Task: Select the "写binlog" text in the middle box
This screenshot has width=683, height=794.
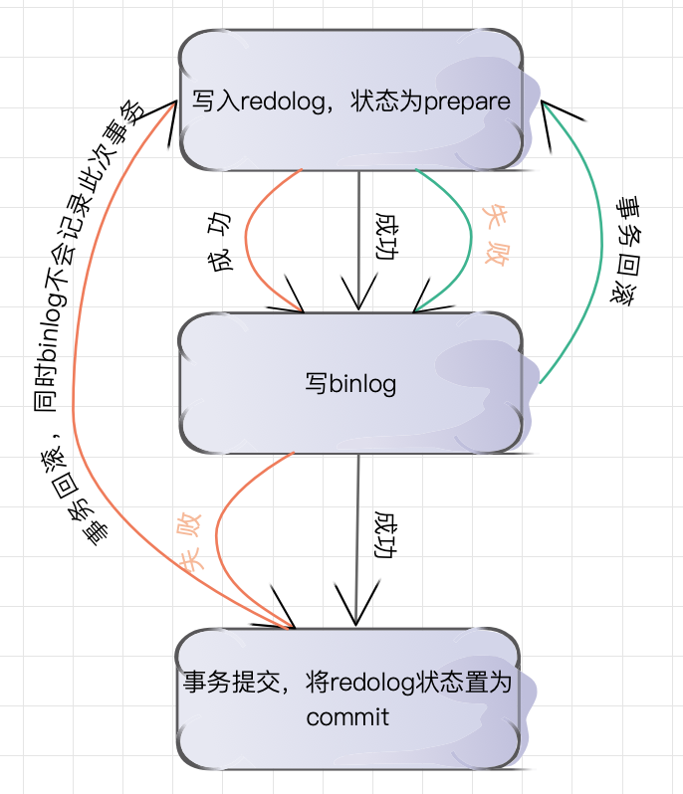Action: (x=350, y=384)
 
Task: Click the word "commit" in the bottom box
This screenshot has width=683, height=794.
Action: (x=347, y=716)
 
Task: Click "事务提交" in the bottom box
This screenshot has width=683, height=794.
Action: (x=220, y=684)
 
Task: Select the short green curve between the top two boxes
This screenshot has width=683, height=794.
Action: (x=466, y=239)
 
